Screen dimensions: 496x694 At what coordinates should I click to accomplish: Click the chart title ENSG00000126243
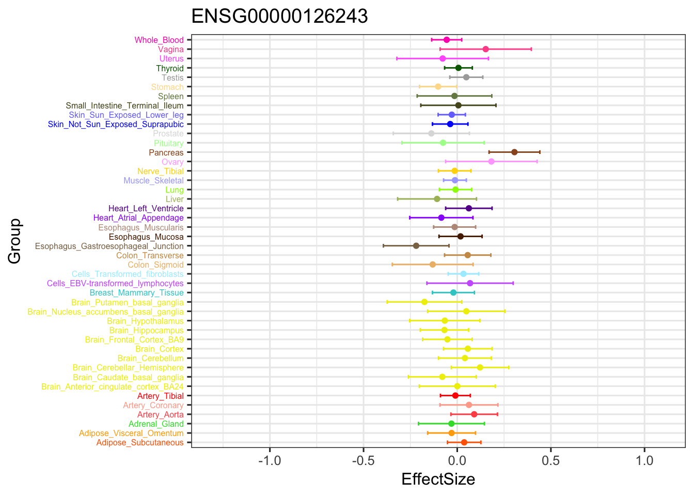279,17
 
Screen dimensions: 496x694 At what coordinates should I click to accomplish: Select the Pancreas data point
514,152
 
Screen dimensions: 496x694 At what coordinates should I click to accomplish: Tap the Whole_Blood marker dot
447,40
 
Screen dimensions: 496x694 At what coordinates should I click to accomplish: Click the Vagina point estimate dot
485,49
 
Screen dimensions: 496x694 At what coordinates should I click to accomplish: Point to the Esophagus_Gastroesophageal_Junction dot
416,246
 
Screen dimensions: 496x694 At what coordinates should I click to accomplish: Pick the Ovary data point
491,162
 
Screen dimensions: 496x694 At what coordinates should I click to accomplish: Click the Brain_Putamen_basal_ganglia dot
424,302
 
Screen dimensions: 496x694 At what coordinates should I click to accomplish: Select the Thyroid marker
459,68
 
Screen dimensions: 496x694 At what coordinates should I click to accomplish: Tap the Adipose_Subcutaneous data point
464,442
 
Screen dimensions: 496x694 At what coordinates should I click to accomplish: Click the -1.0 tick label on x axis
270,460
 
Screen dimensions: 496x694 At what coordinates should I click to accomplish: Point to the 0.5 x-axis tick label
551,460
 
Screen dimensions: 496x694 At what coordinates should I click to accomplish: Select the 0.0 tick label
457,460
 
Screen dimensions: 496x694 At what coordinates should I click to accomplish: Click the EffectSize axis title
438,479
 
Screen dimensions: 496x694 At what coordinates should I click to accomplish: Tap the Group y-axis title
15,241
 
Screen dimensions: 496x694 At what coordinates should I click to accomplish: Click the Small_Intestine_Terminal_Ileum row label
124,106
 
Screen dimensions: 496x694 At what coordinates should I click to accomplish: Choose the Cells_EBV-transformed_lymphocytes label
115,284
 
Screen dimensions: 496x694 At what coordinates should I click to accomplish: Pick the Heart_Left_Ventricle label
146,209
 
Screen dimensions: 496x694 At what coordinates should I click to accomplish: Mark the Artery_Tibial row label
160,396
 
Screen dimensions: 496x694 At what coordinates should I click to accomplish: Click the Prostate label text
168,134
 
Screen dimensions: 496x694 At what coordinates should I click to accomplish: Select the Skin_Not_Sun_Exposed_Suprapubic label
116,125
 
